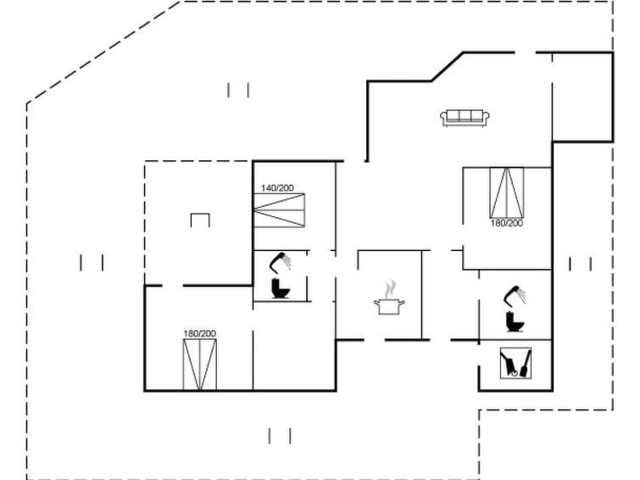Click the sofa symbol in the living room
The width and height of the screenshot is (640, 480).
tap(465, 118)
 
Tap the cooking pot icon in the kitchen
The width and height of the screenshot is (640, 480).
tap(389, 306)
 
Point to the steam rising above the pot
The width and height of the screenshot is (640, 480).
tap(391, 288)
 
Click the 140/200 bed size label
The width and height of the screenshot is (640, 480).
tap(277, 188)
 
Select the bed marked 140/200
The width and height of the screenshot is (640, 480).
tap(279, 210)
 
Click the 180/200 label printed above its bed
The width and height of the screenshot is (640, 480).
tap(199, 333)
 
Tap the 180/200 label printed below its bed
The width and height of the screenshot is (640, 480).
tap(507, 223)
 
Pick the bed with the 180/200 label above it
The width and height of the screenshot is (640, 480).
tap(199, 365)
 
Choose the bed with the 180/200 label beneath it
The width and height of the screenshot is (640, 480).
tap(507, 193)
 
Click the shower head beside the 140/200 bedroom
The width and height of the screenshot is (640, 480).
tap(280, 262)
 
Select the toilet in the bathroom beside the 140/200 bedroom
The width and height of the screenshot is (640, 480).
tap(281, 288)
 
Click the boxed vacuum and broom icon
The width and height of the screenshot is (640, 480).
tap(516, 363)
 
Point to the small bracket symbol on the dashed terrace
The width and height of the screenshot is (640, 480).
tap(200, 220)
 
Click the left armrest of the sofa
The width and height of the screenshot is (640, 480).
tap(443, 118)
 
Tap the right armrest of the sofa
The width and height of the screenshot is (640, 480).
tap(487, 118)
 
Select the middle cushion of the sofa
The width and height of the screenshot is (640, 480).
tap(465, 116)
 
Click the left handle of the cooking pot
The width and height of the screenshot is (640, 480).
tap(376, 302)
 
